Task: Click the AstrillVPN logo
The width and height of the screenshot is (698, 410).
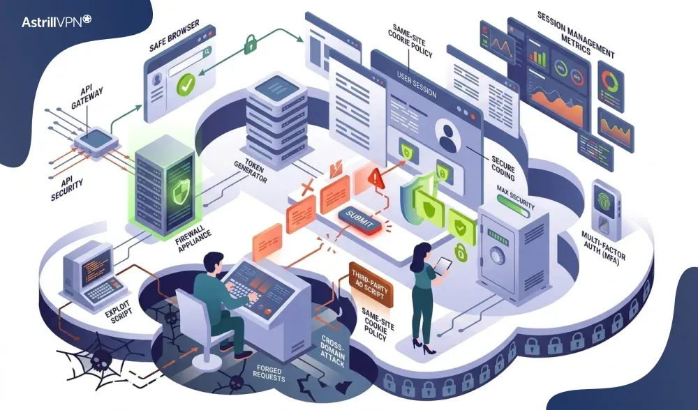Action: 56,22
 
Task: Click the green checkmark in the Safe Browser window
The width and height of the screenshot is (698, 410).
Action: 185,84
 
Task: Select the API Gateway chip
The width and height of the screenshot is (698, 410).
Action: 96,141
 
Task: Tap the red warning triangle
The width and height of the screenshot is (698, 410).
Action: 376,179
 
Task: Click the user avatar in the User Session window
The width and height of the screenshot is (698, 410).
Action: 448,137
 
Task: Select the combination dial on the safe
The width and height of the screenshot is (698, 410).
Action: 496,256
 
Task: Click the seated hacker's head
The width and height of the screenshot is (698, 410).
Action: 213,263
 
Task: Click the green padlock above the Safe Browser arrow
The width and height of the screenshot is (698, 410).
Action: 250,43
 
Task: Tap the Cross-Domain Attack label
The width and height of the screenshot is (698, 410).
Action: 332,351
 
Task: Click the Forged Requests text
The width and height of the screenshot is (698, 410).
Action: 269,374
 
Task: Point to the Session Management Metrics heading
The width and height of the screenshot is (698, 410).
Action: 575,36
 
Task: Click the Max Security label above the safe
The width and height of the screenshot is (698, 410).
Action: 516,197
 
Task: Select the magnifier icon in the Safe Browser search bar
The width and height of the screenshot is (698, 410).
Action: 207,52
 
